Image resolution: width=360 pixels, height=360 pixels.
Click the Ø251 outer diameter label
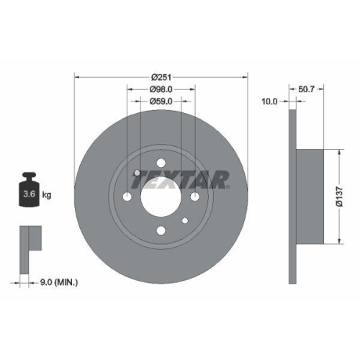[x=161, y=76]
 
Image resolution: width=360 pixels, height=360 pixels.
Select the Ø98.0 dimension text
[x=161, y=89]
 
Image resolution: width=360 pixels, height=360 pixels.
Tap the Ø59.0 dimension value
[x=161, y=102]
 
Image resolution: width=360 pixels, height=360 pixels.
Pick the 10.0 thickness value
[x=270, y=102]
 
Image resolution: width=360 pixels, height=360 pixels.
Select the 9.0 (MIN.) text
[x=60, y=283]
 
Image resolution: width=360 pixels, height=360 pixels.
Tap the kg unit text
[x=48, y=194]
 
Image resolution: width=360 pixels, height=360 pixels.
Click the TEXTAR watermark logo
[x=183, y=178]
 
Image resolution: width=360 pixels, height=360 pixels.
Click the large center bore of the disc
[x=161, y=197]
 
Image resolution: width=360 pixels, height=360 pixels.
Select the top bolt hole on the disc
[x=161, y=163]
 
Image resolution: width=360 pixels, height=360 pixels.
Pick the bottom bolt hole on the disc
[x=161, y=230]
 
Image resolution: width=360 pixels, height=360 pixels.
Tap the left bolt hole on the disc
[x=127, y=197]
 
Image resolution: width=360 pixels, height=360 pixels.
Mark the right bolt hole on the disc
[x=194, y=197]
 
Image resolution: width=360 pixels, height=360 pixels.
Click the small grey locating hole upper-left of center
[x=137, y=172]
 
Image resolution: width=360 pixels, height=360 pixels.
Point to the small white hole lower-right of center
[x=185, y=220]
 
